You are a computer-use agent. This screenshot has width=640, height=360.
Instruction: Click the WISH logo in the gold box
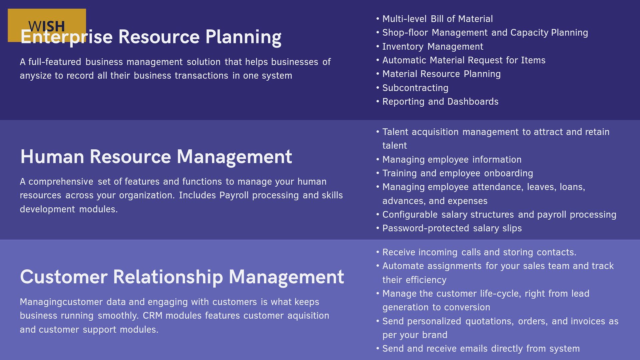coord(47,25)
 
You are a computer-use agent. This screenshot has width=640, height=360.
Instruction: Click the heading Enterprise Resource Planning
coord(151,37)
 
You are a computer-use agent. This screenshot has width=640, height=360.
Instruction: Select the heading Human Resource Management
coord(156,157)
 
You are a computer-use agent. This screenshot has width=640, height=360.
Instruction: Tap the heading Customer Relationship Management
coord(182,277)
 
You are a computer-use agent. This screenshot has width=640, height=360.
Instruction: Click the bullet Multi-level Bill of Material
coord(437,19)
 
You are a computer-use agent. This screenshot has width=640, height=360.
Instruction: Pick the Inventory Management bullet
coord(433,47)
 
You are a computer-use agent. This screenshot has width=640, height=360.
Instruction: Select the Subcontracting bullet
coord(415,88)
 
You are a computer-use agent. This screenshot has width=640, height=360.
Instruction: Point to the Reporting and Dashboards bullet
coord(440,102)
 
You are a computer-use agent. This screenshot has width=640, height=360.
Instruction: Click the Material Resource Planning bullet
coord(441,74)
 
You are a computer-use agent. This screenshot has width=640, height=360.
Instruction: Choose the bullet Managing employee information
coord(452,160)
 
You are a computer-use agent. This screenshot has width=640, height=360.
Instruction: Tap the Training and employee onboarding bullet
coord(458,173)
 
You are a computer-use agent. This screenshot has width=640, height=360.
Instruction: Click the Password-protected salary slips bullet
coord(452,228)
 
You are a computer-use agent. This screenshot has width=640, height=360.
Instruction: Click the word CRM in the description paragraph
coord(153,316)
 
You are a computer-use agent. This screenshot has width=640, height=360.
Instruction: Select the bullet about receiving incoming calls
coord(479,252)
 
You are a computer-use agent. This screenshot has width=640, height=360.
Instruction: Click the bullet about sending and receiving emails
coord(481,349)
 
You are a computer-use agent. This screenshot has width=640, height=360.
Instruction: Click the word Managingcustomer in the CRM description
coord(61,302)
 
